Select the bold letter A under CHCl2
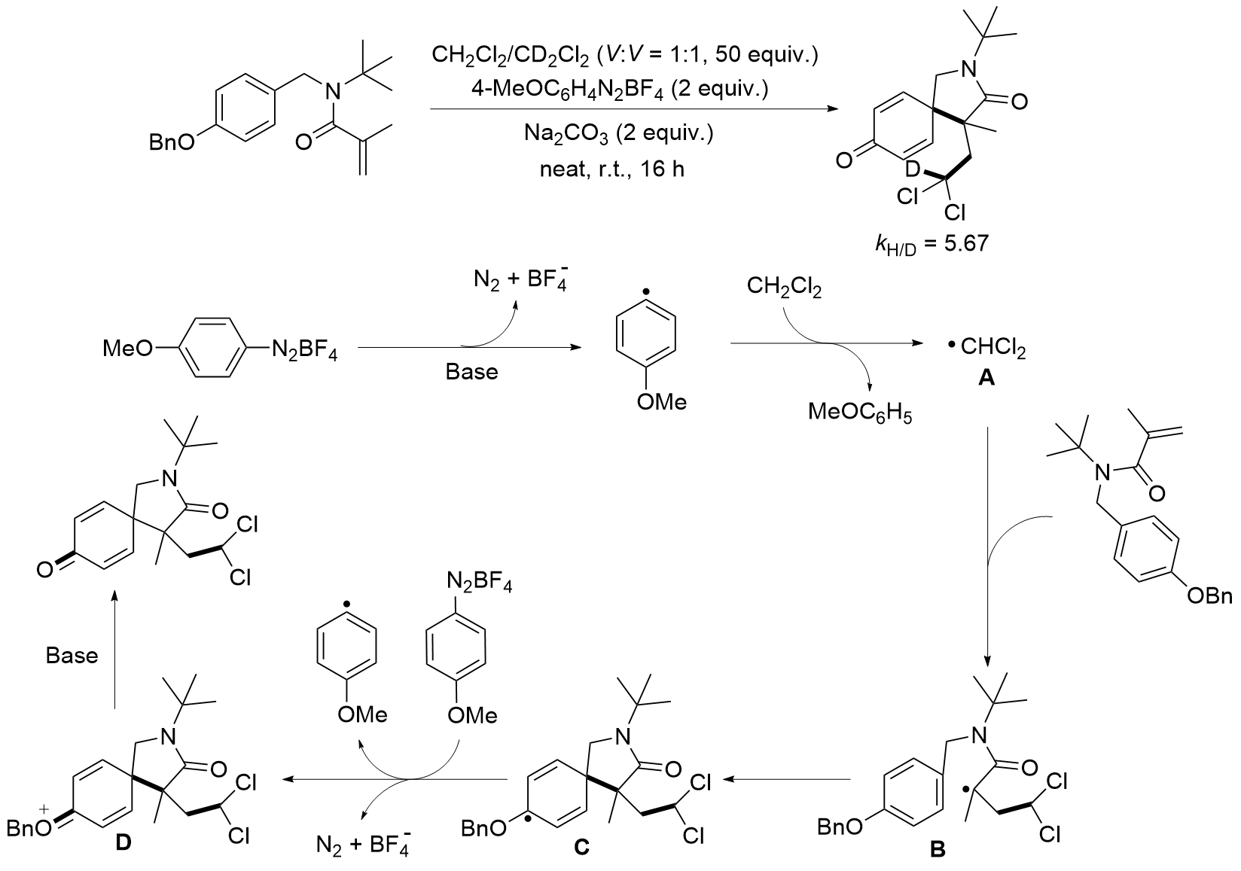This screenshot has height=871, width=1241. point(986,380)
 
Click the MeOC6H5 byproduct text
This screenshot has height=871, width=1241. point(860,413)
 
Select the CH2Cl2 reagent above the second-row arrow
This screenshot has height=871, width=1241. point(784,287)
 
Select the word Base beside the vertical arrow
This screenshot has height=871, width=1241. point(72,655)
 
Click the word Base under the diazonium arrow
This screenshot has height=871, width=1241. point(472,372)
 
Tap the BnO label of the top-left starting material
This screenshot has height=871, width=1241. point(171,142)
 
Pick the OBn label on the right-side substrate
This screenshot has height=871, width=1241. point(1209,596)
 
